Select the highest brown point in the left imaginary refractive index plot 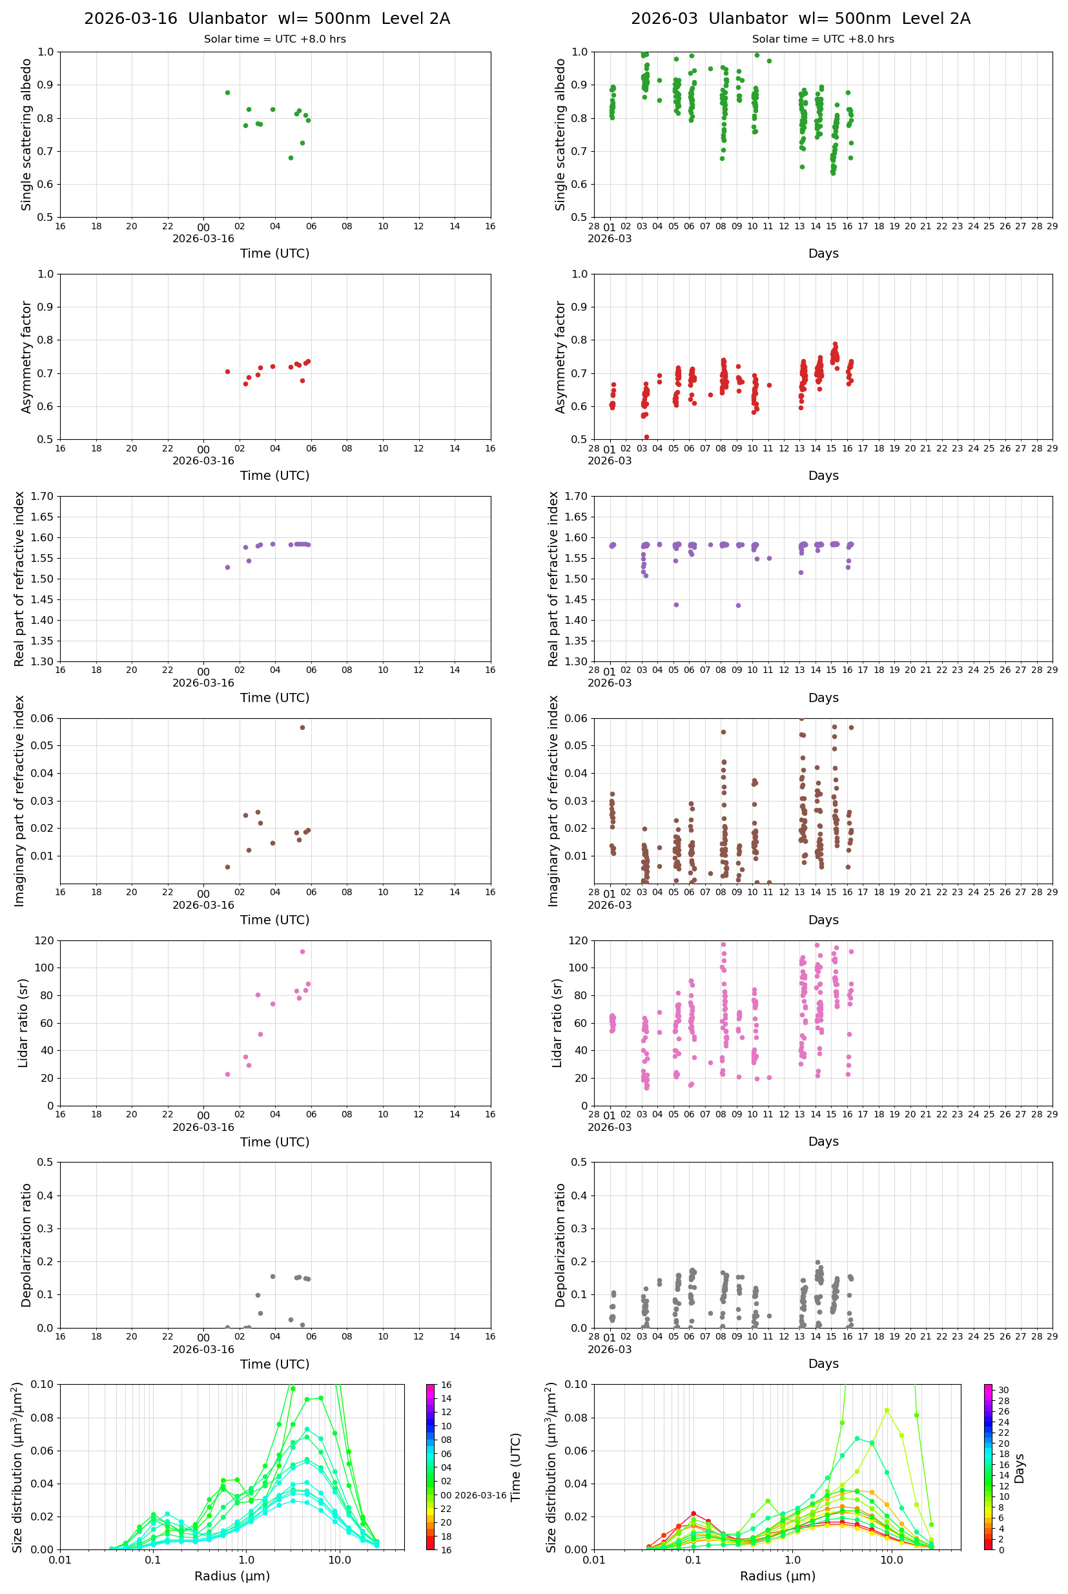click(302, 727)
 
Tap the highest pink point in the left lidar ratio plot click(302, 951)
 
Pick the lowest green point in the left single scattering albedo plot click(291, 158)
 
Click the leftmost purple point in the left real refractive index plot click(227, 568)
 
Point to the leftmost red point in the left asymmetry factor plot click(227, 372)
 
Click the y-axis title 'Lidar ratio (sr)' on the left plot click(24, 1022)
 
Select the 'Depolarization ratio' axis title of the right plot click(560, 1245)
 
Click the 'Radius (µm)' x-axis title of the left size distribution click(232, 1576)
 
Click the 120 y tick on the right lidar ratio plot click(579, 941)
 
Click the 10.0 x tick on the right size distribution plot click(892, 1560)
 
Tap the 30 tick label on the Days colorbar click(1003, 1390)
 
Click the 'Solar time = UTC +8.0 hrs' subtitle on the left click(275, 39)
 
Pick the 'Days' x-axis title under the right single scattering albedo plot click(823, 253)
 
